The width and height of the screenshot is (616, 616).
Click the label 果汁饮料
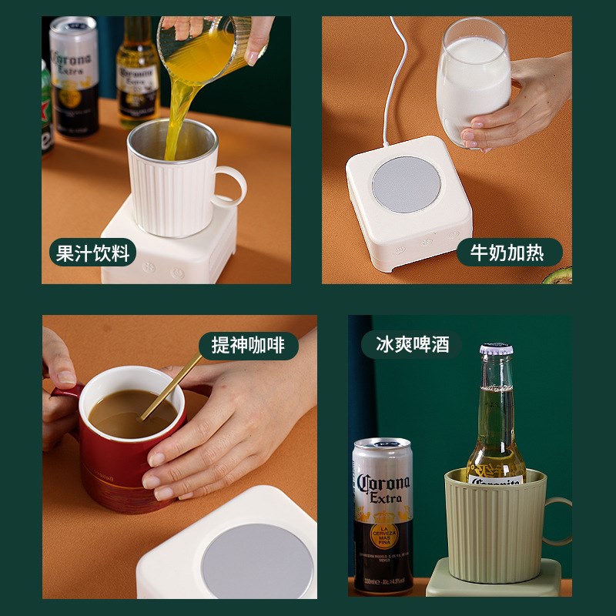(92, 253)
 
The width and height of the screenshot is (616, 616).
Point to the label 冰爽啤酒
(413, 343)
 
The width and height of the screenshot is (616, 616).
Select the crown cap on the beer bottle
(497, 350)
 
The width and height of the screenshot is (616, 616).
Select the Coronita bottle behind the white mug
(137, 73)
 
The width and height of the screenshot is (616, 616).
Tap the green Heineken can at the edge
(46, 108)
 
